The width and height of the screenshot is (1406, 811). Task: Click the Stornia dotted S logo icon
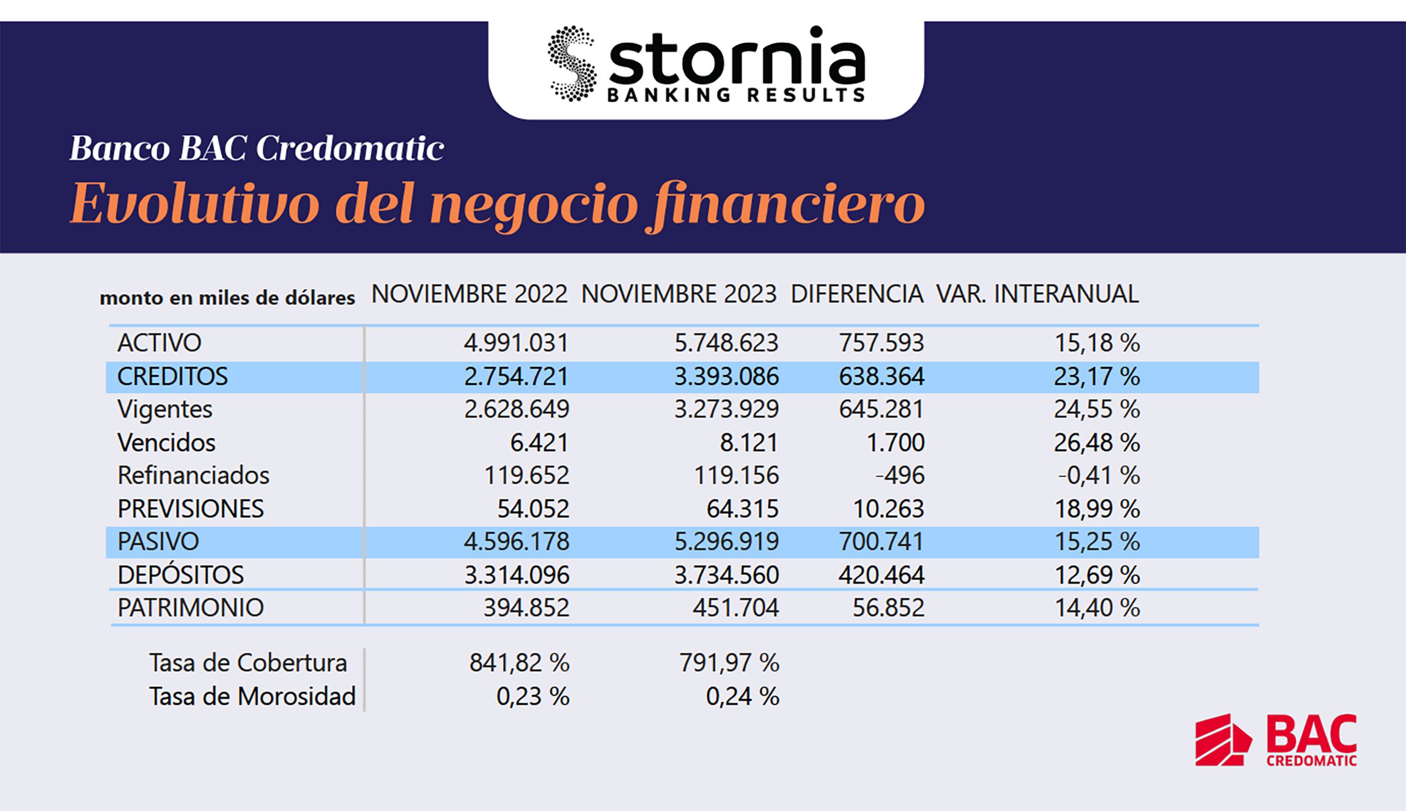click(x=572, y=64)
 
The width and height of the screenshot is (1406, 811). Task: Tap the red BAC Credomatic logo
click(x=1276, y=739)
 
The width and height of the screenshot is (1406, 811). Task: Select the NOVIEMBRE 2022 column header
click(x=469, y=295)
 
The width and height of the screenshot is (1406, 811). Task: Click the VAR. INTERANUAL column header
click(x=1037, y=295)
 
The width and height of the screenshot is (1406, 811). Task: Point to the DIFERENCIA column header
click(x=856, y=295)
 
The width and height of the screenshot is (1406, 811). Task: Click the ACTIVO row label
click(x=159, y=343)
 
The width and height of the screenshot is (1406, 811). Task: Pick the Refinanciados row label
click(x=193, y=475)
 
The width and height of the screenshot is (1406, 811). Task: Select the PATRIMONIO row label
click(x=190, y=607)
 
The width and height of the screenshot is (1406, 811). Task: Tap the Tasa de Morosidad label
click(x=252, y=696)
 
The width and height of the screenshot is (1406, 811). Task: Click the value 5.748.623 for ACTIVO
click(x=726, y=343)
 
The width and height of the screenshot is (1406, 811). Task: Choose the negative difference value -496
click(x=900, y=475)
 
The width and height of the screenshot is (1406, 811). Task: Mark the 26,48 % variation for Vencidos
click(x=1097, y=442)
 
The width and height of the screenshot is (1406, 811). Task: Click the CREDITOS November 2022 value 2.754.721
click(x=516, y=376)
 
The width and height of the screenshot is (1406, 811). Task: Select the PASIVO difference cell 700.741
click(x=881, y=541)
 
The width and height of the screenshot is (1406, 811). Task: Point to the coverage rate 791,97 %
click(x=729, y=662)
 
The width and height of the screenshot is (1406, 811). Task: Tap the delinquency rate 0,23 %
click(x=532, y=696)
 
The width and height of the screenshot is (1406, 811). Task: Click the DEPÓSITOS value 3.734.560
click(x=726, y=575)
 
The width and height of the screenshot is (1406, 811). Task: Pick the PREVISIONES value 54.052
click(x=533, y=508)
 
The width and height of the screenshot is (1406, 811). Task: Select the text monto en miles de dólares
click(x=227, y=298)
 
